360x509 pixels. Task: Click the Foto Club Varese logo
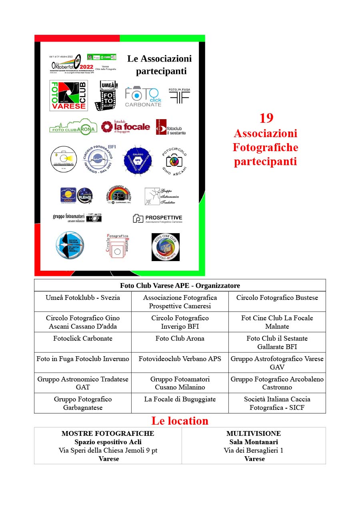click(x=68, y=96)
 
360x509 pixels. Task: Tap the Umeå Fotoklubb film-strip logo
click(x=106, y=96)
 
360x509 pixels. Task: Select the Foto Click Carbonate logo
click(x=143, y=96)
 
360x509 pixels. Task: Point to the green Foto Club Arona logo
click(x=73, y=127)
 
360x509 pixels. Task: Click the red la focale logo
click(x=125, y=126)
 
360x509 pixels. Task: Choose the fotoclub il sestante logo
click(x=171, y=127)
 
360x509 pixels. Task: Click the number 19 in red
click(x=266, y=118)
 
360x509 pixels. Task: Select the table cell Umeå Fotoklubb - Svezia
click(x=83, y=298)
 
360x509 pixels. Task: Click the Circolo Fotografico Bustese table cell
click(x=277, y=298)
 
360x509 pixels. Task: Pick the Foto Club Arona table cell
click(x=180, y=338)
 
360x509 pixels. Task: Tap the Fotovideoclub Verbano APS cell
click(x=180, y=359)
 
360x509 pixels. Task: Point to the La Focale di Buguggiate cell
click(x=180, y=399)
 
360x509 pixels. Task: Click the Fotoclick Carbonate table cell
click(x=83, y=338)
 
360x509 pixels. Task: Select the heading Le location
click(x=180, y=421)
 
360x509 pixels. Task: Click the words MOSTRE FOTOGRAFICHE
click(x=108, y=433)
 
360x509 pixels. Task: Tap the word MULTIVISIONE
click(x=254, y=433)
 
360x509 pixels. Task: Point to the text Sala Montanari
click(x=254, y=442)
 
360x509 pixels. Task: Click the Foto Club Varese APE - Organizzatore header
click(x=180, y=285)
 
